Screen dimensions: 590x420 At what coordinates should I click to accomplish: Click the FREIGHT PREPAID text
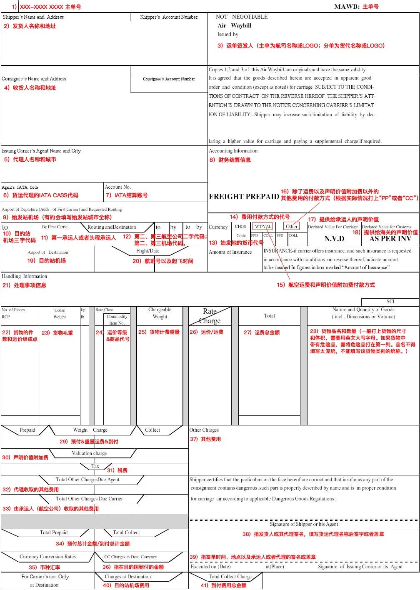coord(244,197)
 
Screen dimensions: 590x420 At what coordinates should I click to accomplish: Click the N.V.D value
coord(334,239)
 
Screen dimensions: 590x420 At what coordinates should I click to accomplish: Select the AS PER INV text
coord(390,239)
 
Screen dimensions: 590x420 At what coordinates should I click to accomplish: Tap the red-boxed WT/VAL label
coord(263,227)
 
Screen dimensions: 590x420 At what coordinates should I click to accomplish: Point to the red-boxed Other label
coord(292,227)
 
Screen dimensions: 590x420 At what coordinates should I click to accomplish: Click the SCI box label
coord(390,302)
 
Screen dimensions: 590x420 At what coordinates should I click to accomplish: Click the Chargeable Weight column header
coord(160,313)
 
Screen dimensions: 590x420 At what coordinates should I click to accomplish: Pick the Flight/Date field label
coord(147,251)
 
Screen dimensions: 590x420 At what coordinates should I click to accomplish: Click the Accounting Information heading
coord(233,151)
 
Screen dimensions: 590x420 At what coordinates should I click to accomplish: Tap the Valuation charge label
coord(89,453)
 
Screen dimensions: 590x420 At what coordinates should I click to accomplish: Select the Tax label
coord(95,466)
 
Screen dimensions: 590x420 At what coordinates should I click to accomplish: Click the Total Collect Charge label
coord(230,577)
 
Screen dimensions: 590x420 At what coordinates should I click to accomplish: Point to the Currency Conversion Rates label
coord(47,557)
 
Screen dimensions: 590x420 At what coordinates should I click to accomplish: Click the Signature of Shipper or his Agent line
coord(303,524)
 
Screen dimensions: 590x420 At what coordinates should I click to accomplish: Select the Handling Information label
coord(25,276)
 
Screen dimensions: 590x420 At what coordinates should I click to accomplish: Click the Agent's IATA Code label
coord(20,187)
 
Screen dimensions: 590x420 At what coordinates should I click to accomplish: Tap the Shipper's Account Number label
coord(169,17)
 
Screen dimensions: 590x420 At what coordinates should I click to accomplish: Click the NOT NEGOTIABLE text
coord(242,17)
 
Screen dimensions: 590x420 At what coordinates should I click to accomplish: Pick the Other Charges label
coord(204,430)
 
